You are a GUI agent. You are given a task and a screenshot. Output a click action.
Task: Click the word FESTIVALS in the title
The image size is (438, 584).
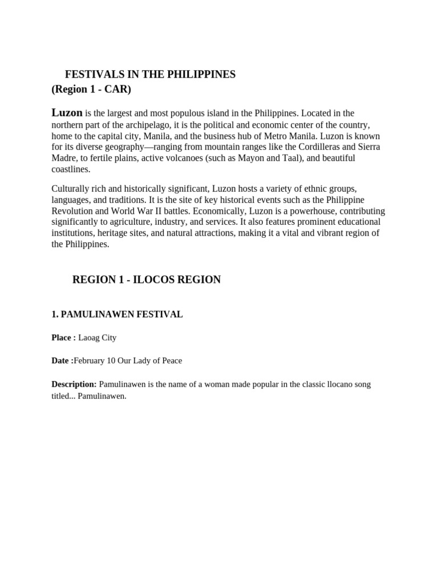click(x=91, y=75)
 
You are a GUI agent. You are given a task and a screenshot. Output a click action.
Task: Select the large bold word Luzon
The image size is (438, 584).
click(x=67, y=112)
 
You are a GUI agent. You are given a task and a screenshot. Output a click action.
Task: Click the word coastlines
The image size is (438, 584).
click(x=70, y=169)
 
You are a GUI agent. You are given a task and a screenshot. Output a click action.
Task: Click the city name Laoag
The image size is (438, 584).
click(x=89, y=338)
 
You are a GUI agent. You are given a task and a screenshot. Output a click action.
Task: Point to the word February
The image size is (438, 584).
click(x=89, y=360)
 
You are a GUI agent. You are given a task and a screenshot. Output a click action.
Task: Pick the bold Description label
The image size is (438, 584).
click(x=74, y=384)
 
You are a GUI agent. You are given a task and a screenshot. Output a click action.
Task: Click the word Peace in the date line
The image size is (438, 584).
click(x=171, y=360)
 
